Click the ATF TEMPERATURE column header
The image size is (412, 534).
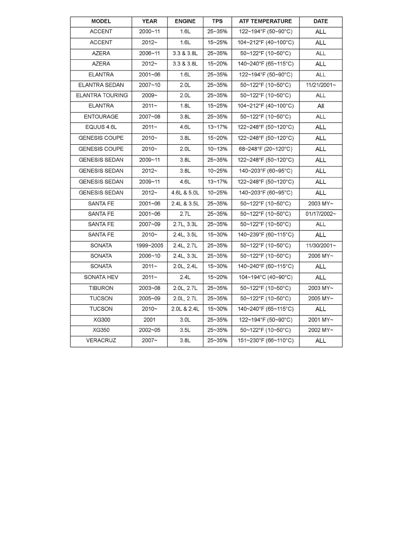click(x=265, y=21)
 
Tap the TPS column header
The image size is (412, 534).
click(x=217, y=21)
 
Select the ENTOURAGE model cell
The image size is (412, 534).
click(x=101, y=117)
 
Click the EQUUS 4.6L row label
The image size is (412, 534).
click(x=101, y=127)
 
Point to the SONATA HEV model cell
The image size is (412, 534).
click(x=101, y=277)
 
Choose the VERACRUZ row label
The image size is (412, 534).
click(x=101, y=341)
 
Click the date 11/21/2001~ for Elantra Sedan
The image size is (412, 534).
click(x=320, y=85)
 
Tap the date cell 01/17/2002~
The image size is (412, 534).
click(x=320, y=214)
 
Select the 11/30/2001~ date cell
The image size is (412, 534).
click(x=320, y=246)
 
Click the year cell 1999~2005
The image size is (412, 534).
click(x=149, y=246)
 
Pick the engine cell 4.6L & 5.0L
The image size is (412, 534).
click(x=185, y=193)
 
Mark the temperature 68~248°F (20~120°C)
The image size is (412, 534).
click(x=265, y=149)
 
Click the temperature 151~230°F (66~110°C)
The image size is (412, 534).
click(x=265, y=341)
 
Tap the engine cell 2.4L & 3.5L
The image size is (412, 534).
click(x=185, y=204)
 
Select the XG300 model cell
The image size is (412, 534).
click(x=101, y=320)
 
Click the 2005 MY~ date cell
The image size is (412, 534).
click(x=320, y=298)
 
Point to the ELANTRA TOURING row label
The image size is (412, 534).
click(x=101, y=96)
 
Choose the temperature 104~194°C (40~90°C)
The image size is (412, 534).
click(x=265, y=277)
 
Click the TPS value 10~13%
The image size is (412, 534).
click(x=217, y=149)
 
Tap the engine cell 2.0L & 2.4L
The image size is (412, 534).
click(x=185, y=309)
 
